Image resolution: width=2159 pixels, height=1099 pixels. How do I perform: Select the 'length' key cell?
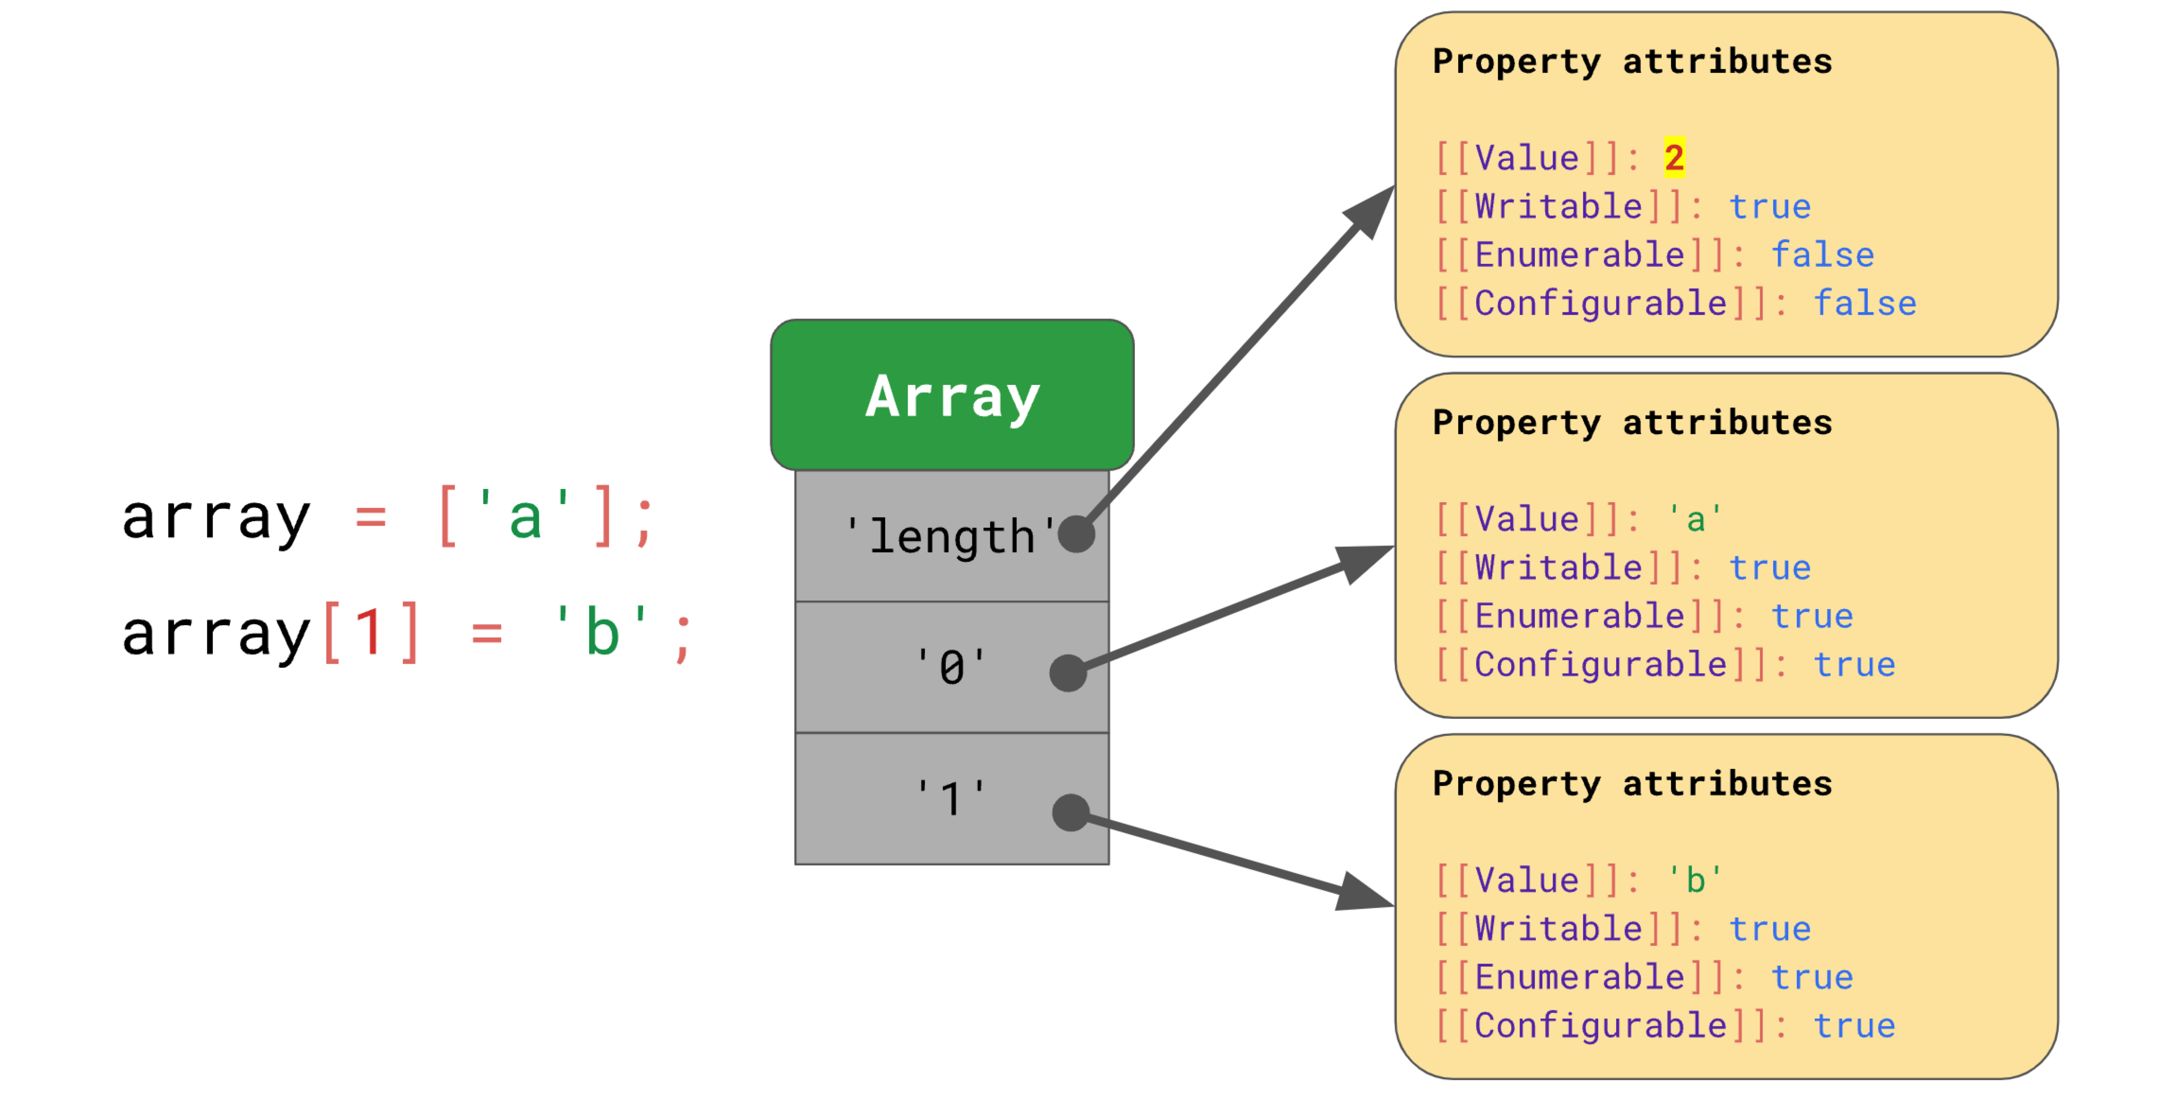(x=952, y=536)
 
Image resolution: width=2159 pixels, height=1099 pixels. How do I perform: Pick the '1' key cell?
(x=952, y=798)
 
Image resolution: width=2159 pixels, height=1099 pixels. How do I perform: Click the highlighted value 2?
(x=1674, y=157)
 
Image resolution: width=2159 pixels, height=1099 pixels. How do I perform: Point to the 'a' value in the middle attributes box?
(x=1695, y=519)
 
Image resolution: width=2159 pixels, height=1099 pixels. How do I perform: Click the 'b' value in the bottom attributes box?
(x=1695, y=880)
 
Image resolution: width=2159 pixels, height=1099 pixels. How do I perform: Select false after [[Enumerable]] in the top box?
(x=1822, y=255)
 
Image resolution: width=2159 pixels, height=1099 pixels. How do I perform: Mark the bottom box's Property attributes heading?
(x=1632, y=784)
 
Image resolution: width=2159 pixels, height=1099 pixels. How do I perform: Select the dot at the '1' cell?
(x=1071, y=812)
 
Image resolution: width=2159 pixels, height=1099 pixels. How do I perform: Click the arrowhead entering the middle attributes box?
(x=1366, y=562)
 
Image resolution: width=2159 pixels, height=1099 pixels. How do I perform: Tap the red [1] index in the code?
(x=370, y=632)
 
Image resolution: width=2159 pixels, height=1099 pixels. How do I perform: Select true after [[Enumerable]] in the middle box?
(x=1812, y=616)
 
